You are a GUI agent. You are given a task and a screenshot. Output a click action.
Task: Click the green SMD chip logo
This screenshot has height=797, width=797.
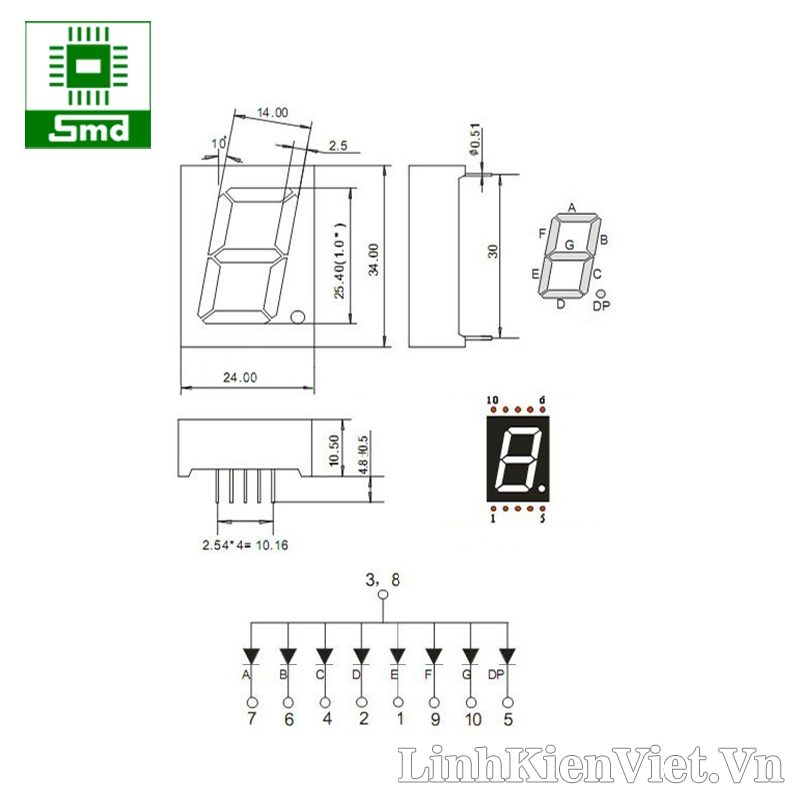88,85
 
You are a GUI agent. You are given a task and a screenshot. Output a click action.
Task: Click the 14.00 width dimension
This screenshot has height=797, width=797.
272,113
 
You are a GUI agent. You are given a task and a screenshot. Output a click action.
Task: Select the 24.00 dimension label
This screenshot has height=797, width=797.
240,378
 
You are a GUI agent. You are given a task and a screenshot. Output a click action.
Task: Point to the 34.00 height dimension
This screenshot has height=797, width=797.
374,259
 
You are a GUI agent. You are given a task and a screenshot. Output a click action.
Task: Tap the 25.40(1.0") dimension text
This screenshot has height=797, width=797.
339,260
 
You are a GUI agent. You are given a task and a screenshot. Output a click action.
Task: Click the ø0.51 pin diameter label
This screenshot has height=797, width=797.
475,139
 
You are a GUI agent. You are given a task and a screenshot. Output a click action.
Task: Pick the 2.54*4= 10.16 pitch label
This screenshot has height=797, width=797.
245,545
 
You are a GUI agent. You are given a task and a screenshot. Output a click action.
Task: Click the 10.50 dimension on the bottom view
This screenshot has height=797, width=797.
334,450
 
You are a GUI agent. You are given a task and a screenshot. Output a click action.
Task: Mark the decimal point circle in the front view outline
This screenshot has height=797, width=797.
297,317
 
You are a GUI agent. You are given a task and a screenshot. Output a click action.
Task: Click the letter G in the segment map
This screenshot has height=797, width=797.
569,245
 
